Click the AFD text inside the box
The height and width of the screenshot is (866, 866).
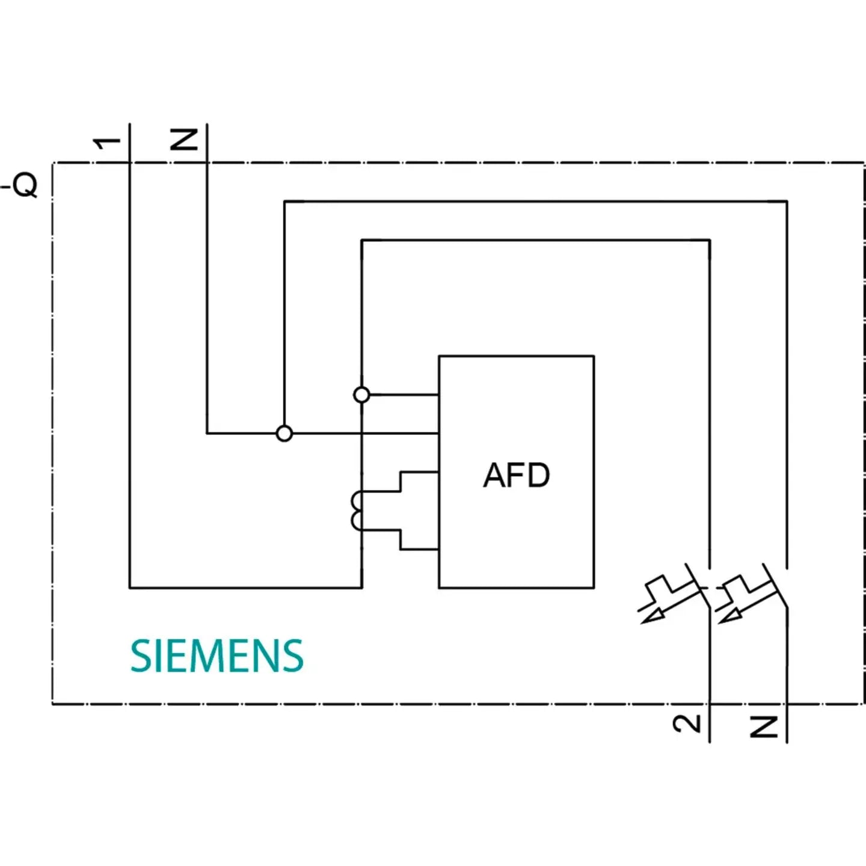coord(517,475)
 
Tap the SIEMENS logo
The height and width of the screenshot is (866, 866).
coord(217,656)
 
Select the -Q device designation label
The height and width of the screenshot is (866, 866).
coord(20,185)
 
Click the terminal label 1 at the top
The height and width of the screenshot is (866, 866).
coord(107,143)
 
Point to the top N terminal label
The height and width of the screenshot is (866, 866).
coord(184,140)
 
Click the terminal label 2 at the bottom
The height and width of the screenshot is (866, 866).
coord(687,723)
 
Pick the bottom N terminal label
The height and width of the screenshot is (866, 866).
coord(764,726)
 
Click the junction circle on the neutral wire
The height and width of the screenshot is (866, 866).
coord(284,433)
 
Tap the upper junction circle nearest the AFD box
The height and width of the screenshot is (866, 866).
coord(361,395)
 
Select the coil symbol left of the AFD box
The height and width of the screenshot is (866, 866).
coord(357,511)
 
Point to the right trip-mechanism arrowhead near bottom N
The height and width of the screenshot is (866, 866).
coord(728,616)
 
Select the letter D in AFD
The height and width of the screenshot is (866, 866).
coord(539,475)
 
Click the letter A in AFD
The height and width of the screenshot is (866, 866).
coord(495,475)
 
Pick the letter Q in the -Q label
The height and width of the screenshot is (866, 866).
coord(25,185)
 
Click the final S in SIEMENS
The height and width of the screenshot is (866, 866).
coord(293,656)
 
